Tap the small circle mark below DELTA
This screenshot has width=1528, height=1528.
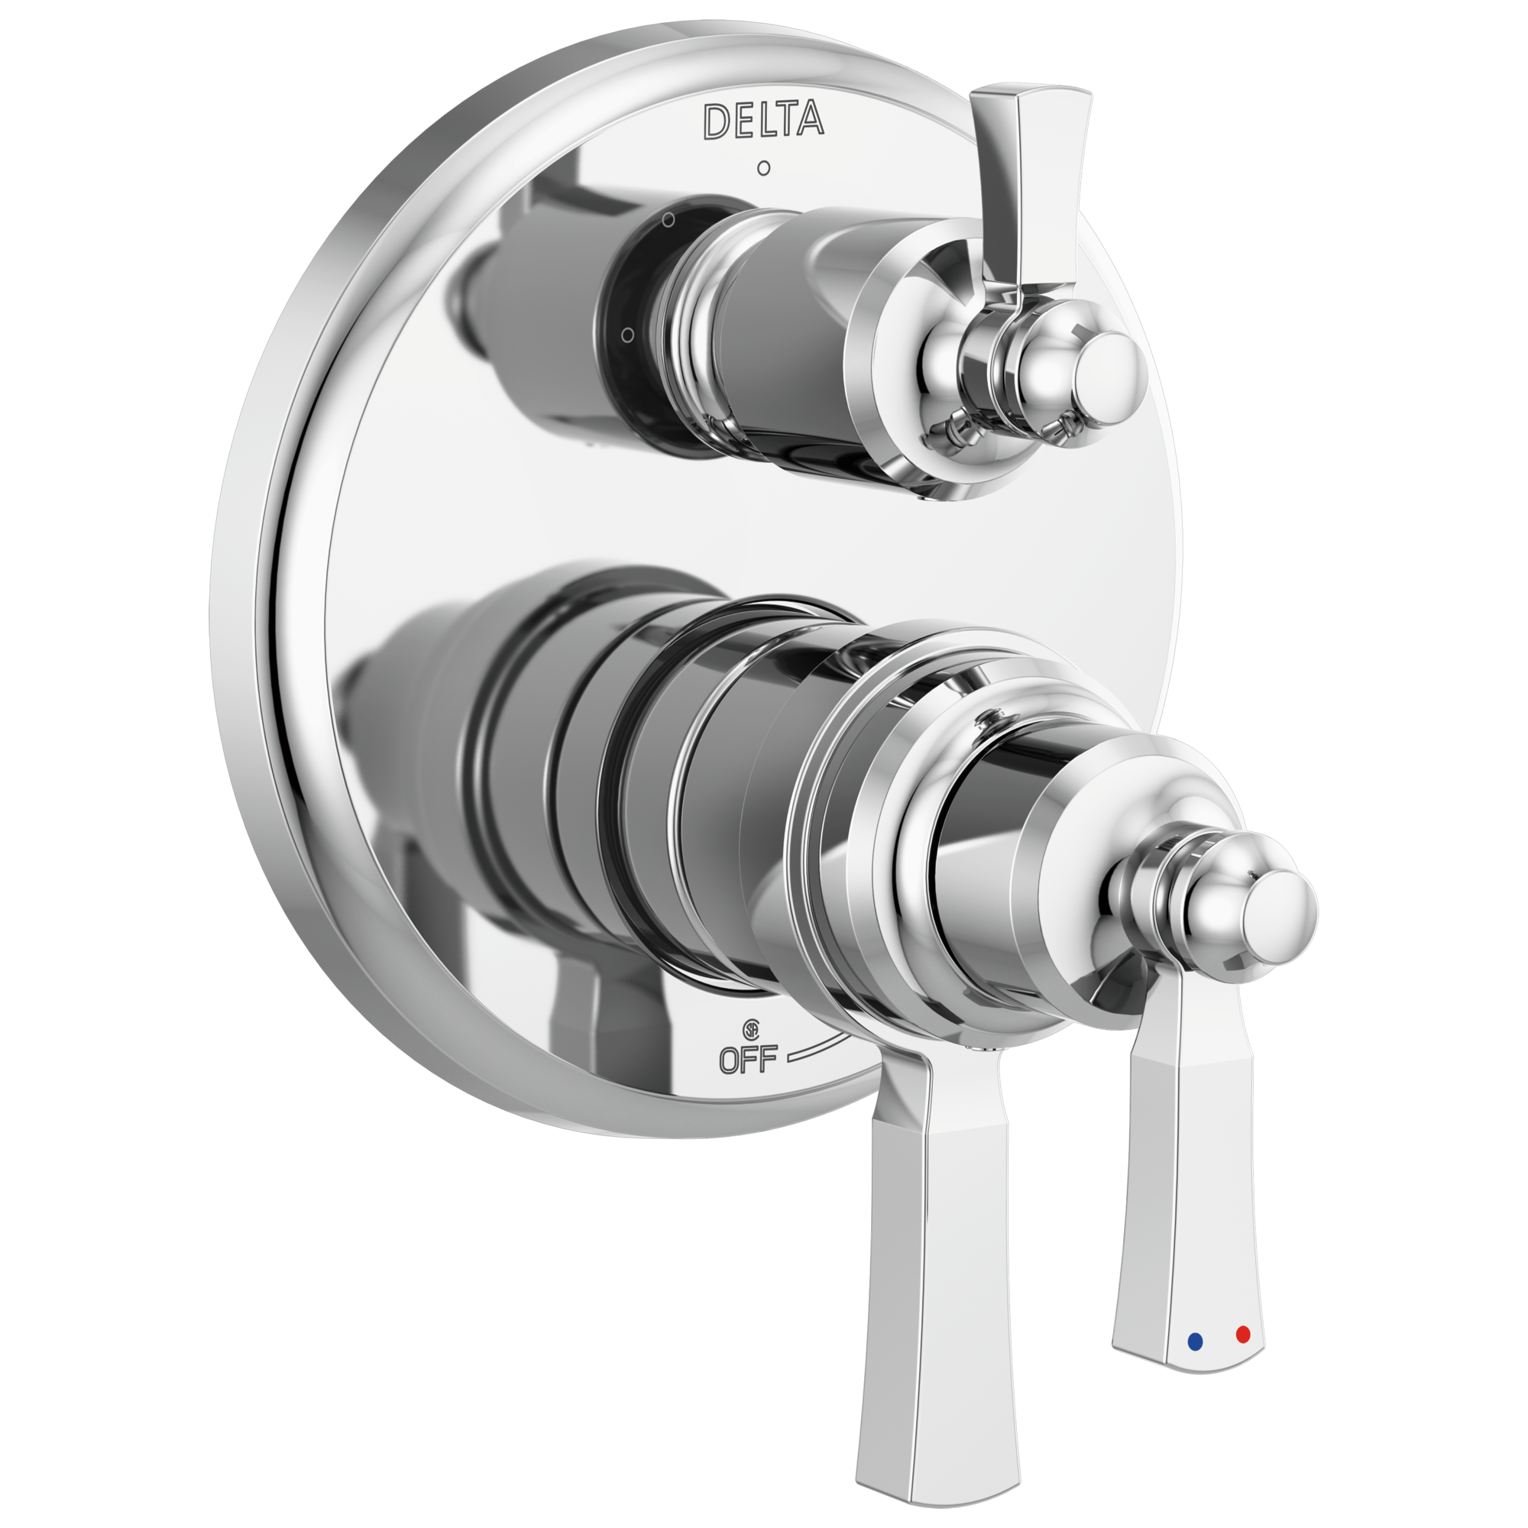[x=763, y=168]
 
